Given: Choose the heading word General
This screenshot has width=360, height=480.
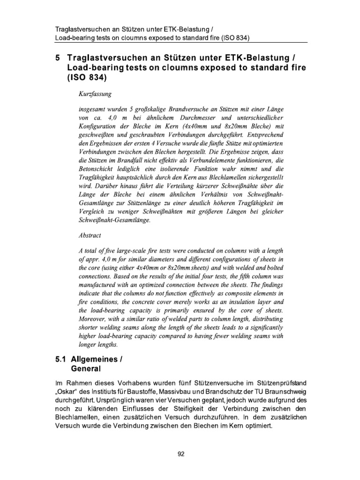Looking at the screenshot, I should pos(85,369).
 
